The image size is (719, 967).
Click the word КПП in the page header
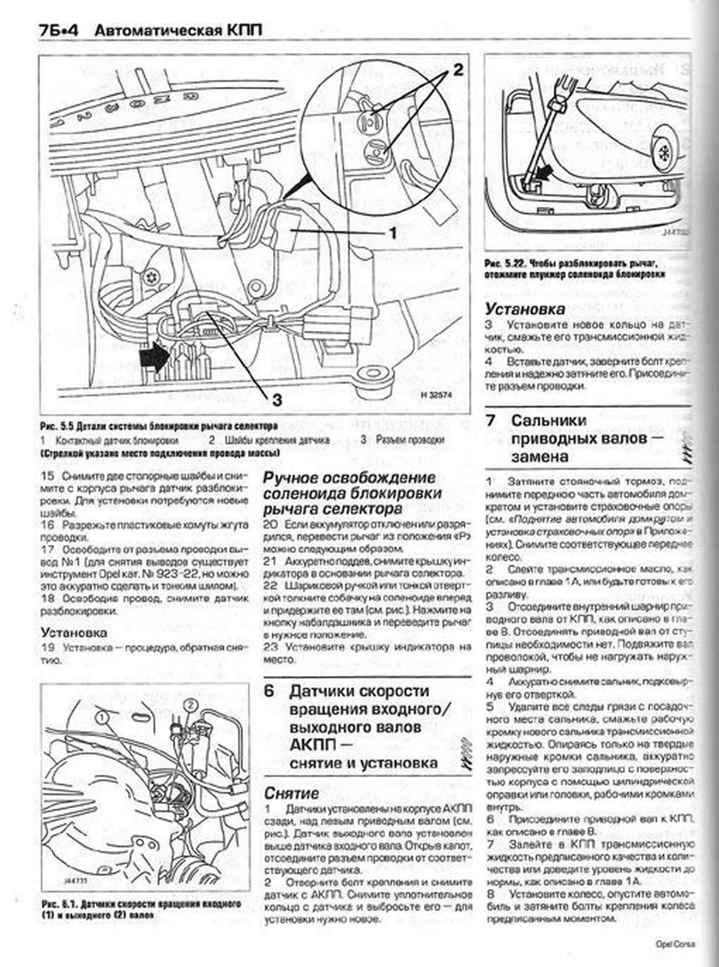coord(243,31)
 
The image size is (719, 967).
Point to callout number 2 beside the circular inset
coord(457,70)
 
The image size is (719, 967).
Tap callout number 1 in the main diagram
coord(393,233)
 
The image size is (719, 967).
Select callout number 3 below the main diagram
coord(277,399)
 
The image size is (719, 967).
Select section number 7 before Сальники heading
coord(491,420)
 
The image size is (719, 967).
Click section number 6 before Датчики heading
coord(269,691)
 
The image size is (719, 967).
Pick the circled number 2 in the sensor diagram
coord(190,705)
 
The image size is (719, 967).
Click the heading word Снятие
coord(291,793)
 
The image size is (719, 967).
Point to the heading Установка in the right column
coord(525,309)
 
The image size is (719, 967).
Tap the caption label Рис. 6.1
coord(58,904)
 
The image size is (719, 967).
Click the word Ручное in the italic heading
coord(296,477)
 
